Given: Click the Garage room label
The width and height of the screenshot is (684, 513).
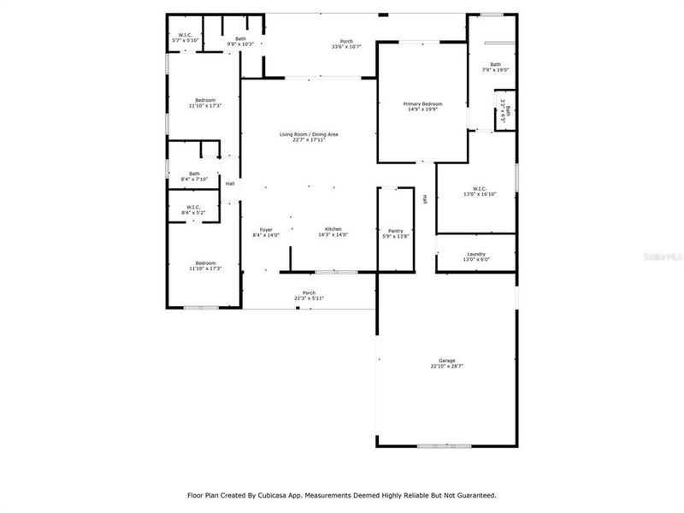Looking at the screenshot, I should coord(447,361).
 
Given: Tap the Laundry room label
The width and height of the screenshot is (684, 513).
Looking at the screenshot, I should coord(476,254).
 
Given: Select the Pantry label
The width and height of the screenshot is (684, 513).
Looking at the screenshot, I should coord(395,230).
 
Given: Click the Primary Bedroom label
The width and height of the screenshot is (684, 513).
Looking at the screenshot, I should coord(422,103).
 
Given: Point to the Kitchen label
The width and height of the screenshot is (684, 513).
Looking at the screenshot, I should coord(333,230).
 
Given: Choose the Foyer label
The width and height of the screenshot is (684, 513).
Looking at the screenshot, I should coord(267,230).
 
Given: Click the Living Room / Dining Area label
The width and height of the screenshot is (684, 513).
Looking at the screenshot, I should coord(310,134).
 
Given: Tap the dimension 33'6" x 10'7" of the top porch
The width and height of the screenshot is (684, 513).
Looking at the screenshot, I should coord(346,46).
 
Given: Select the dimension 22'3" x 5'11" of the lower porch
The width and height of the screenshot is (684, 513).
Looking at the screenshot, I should coord(309,298).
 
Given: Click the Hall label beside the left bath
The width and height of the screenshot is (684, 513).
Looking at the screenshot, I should coord(230,183).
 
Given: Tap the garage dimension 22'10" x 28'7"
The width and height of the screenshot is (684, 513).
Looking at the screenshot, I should coord(447,367).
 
